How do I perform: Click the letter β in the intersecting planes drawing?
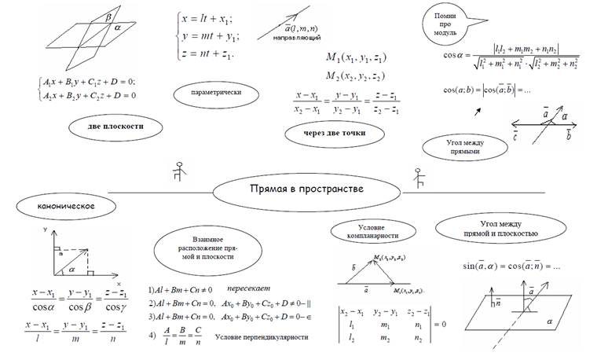pyautogui.click(x=108, y=16)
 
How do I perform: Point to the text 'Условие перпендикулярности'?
pyautogui.click(x=261, y=336)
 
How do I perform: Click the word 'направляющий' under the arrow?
pyautogui.click(x=295, y=38)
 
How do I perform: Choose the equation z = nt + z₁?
pyautogui.click(x=207, y=53)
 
